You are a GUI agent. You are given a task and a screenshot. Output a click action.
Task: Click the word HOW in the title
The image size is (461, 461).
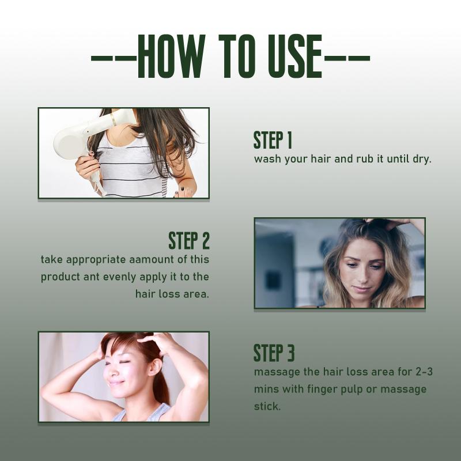click(171, 56)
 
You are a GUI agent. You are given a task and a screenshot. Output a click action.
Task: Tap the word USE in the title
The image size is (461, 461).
click(294, 56)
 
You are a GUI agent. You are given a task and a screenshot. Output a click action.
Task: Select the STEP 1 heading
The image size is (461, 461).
click(273, 140)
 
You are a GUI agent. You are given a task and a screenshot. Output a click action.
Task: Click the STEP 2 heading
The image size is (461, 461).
click(189, 240)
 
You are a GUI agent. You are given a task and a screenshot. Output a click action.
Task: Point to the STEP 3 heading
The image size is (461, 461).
click(274, 353)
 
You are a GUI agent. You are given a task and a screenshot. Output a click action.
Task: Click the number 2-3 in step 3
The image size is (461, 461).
click(424, 372)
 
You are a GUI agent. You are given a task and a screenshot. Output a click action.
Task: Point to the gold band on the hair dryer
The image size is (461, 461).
click(113, 119)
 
